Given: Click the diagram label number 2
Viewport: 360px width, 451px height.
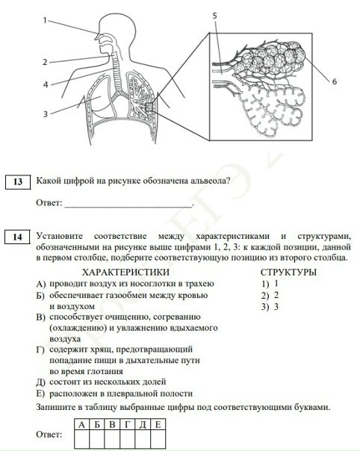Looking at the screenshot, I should (46, 62).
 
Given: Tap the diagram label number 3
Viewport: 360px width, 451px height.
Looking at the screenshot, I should (46, 113).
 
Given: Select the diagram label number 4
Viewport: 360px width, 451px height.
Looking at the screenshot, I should (46, 85).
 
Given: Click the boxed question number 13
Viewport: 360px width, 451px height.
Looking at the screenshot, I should (18, 181).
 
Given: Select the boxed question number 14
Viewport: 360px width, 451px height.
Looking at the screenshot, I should (18, 237).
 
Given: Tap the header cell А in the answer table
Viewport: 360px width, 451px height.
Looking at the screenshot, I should (80, 425).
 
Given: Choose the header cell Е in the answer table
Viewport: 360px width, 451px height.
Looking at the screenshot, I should (158, 425).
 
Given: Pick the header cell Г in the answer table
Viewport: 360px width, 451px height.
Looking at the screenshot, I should (127, 425).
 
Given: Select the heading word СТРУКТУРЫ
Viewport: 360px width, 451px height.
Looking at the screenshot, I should (288, 273).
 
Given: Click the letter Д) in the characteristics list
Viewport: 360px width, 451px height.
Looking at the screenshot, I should (41, 382).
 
